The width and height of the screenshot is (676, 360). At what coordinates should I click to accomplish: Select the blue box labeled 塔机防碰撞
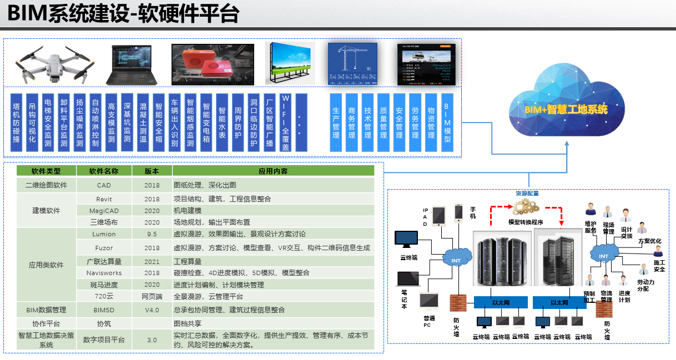pyautogui.click(x=17, y=123)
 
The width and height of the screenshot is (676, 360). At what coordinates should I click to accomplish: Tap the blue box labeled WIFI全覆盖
pyautogui.click(x=286, y=123)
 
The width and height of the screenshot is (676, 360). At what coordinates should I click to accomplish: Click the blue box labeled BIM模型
pyautogui.click(x=447, y=123)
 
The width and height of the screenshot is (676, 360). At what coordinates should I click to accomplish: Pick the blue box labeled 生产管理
pyautogui.click(x=336, y=123)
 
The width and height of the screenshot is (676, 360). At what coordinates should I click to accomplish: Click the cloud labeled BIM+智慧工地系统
pyautogui.click(x=566, y=106)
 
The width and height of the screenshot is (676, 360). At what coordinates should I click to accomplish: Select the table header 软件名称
pyautogui.click(x=104, y=171)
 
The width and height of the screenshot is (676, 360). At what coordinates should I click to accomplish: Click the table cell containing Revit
pyautogui.click(x=104, y=199)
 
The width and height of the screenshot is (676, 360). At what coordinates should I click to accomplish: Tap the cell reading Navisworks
pyautogui.click(x=104, y=273)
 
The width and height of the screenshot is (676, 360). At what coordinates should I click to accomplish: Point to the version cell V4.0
pyautogui.click(x=152, y=310)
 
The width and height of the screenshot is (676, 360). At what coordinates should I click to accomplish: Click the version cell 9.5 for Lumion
pyautogui.click(x=152, y=234)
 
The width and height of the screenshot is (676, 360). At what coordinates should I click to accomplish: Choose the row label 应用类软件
pyautogui.click(x=46, y=265)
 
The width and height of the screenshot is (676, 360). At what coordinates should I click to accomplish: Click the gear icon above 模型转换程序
pyautogui.click(x=525, y=207)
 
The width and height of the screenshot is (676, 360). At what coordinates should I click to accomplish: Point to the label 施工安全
pyautogui.click(x=659, y=265)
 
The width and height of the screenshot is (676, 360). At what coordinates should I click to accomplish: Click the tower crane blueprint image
pyautogui.click(x=352, y=64)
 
